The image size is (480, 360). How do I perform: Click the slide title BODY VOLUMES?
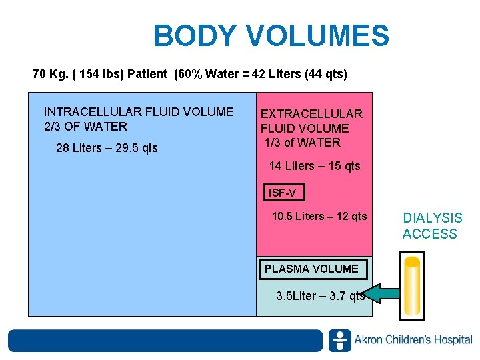271,36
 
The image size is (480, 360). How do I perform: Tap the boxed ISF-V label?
285,193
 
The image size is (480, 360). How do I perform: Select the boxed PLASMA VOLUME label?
311,269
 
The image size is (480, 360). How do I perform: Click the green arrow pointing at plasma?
383,293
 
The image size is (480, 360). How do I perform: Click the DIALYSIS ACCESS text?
432,226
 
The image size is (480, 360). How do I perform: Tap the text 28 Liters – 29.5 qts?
107,148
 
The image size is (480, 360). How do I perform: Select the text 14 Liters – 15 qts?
315,166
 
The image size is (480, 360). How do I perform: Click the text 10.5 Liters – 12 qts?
319,216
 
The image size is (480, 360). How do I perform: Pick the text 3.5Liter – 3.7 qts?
320,296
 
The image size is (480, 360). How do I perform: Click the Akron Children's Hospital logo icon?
339,340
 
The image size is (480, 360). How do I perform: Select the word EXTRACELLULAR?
311,114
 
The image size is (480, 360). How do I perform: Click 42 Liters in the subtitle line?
279,74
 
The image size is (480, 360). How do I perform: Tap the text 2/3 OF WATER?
85,127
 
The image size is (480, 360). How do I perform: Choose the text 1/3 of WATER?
303,142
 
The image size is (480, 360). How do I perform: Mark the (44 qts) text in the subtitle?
326,74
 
